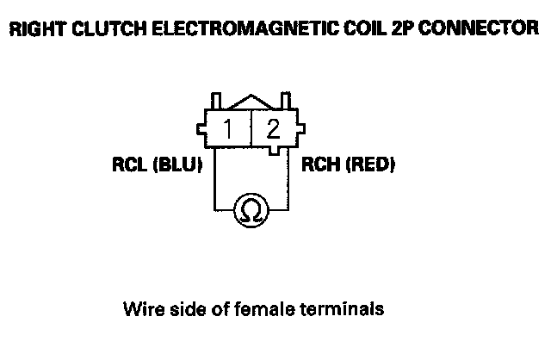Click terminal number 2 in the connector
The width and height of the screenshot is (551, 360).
tap(273, 130)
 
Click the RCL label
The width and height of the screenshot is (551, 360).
tap(130, 164)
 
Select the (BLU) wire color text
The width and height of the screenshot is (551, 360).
tap(176, 164)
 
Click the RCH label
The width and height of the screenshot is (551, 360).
tap(319, 164)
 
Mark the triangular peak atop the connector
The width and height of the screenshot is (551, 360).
tap(251, 101)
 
